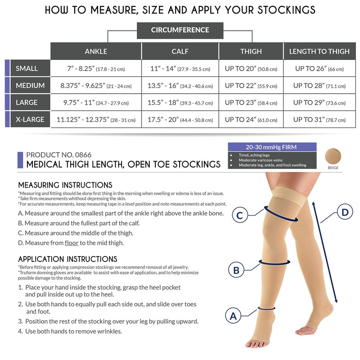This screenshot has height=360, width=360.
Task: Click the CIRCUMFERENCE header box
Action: click(180, 30)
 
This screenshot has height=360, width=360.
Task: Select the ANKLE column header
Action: click(96, 51)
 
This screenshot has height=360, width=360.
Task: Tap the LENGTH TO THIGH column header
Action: click(319, 51)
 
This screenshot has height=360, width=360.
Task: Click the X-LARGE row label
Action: click(30, 119)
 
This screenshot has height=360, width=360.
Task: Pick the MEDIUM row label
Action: click(30, 85)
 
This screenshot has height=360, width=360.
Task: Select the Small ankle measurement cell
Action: click(96, 68)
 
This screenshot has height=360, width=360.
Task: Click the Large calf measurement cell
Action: click(180, 103)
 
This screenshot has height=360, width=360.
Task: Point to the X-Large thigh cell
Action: click(251, 119)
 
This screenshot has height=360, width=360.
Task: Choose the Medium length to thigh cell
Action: click(319, 85)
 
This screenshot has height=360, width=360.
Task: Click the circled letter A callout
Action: click(233, 316)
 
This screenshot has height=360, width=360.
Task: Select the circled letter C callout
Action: click(240, 215)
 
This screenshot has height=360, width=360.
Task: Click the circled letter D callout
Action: click(345, 212)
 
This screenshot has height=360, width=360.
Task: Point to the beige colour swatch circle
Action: click(333, 156)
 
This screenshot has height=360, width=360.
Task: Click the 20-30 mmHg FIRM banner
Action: click(272, 147)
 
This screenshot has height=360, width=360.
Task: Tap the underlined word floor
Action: click(72, 243)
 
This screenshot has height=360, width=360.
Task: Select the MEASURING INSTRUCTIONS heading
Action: click(65, 185)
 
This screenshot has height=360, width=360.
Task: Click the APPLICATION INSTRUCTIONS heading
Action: click(68, 259)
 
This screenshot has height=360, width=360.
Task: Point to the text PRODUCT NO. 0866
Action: click(59, 155)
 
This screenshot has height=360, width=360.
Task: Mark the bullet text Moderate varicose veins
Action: click(261, 160)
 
